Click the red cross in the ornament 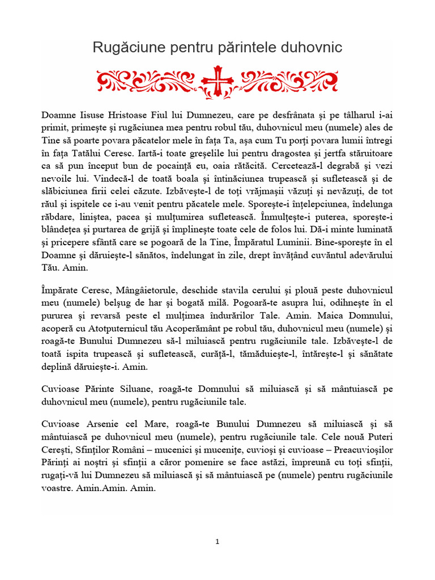(x=217, y=80)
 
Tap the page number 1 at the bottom (x=217, y=542)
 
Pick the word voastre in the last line (x=59, y=488)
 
